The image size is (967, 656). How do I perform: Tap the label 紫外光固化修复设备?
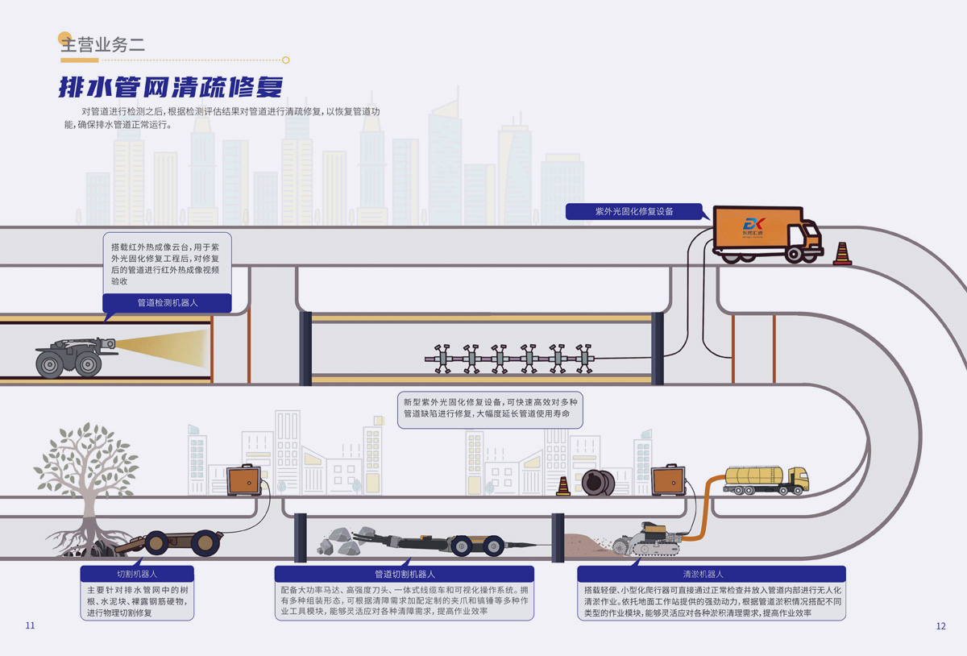(634, 211)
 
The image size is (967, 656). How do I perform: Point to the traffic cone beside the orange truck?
(842, 253)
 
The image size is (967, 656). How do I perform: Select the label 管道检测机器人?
(168, 303)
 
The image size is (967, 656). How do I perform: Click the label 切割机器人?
(137, 574)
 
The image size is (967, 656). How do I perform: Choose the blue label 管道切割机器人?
(405, 574)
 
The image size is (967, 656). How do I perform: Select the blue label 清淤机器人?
(703, 574)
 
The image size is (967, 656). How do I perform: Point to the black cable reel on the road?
(599, 483)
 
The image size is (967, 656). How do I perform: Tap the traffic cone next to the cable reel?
(563, 485)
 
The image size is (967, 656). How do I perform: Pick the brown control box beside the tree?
(243, 481)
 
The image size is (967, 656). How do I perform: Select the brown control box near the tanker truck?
(668, 480)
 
